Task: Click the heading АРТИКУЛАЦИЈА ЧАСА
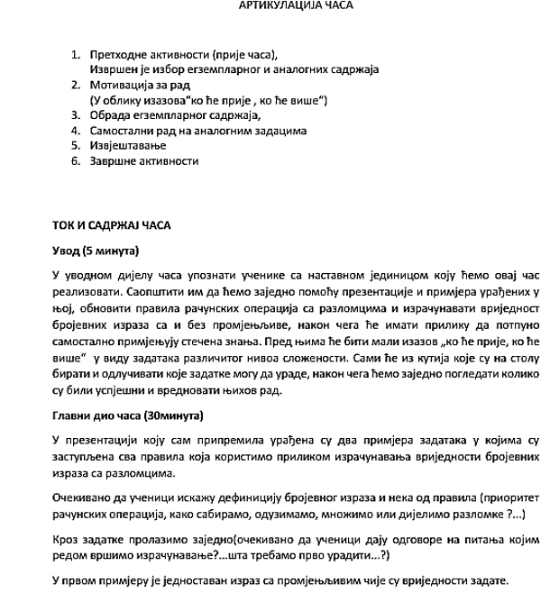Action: click(296, 5)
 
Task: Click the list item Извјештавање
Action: click(125, 146)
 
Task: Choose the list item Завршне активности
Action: click(144, 161)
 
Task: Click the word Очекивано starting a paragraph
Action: click(84, 497)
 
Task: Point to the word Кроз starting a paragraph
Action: click(67, 537)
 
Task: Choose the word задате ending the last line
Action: click(492, 579)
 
